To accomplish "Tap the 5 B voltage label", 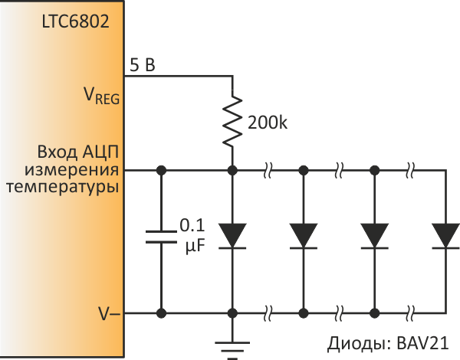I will (142, 67).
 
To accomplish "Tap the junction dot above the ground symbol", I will (232, 313).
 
